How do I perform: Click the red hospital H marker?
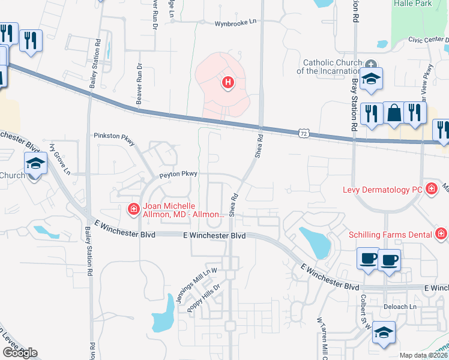coord(228,82)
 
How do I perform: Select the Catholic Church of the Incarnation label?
coord(332,67)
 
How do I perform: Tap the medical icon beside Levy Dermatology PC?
coord(431,189)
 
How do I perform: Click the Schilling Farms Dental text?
coord(391,233)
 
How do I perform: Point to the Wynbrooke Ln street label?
coord(235,23)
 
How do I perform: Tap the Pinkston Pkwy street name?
coord(115,136)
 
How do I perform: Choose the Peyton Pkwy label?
coord(178,175)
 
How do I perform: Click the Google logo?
coord(19,353)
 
